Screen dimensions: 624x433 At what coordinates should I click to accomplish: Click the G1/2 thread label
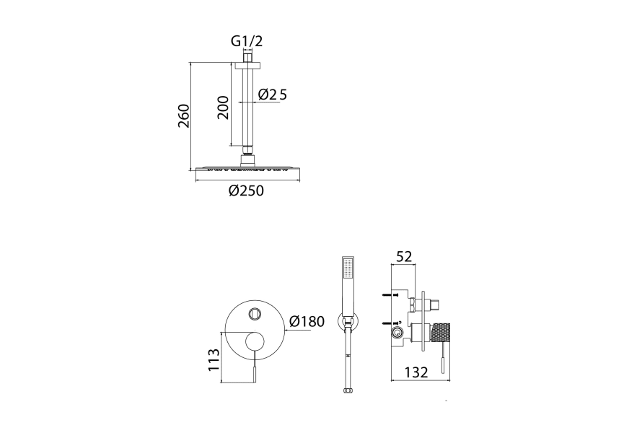[x=247, y=41]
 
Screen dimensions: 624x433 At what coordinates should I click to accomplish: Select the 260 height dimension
[x=184, y=115]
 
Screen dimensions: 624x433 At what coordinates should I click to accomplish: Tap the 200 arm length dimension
[x=223, y=108]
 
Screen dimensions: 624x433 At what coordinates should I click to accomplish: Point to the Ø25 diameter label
[x=272, y=95]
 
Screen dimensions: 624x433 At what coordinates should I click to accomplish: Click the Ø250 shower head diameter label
[x=246, y=191]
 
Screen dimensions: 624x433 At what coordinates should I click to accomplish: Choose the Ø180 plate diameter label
[x=307, y=321]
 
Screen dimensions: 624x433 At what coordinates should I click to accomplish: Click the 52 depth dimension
[x=403, y=257]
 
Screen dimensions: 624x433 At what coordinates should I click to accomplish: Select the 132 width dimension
[x=416, y=372]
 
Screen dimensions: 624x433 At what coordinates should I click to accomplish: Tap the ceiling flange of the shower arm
[x=247, y=65]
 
